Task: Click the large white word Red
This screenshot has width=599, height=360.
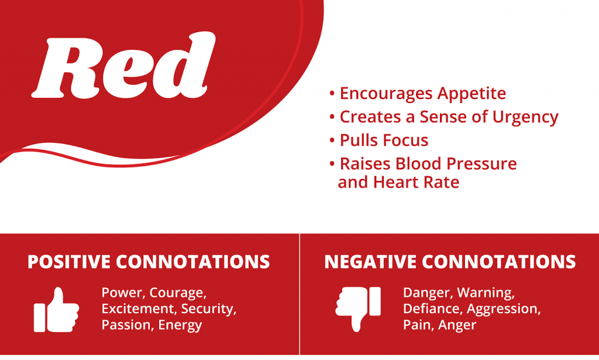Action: click(123, 66)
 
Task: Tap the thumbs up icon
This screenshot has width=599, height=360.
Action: click(57, 310)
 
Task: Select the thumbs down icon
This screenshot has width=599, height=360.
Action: click(358, 309)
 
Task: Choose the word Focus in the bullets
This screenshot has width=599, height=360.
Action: click(406, 140)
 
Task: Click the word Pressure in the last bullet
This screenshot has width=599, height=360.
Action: click(482, 164)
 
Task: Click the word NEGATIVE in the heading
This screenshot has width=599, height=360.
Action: click(370, 262)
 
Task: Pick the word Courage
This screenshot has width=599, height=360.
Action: click(178, 293)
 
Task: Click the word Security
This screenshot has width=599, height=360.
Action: click(209, 309)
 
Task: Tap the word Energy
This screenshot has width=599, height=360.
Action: click(180, 325)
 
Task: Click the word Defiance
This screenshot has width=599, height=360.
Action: click(432, 309)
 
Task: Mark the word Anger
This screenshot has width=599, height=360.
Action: click(457, 325)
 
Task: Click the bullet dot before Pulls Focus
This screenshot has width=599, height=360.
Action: click(332, 140)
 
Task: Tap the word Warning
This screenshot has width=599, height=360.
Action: click(486, 293)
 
